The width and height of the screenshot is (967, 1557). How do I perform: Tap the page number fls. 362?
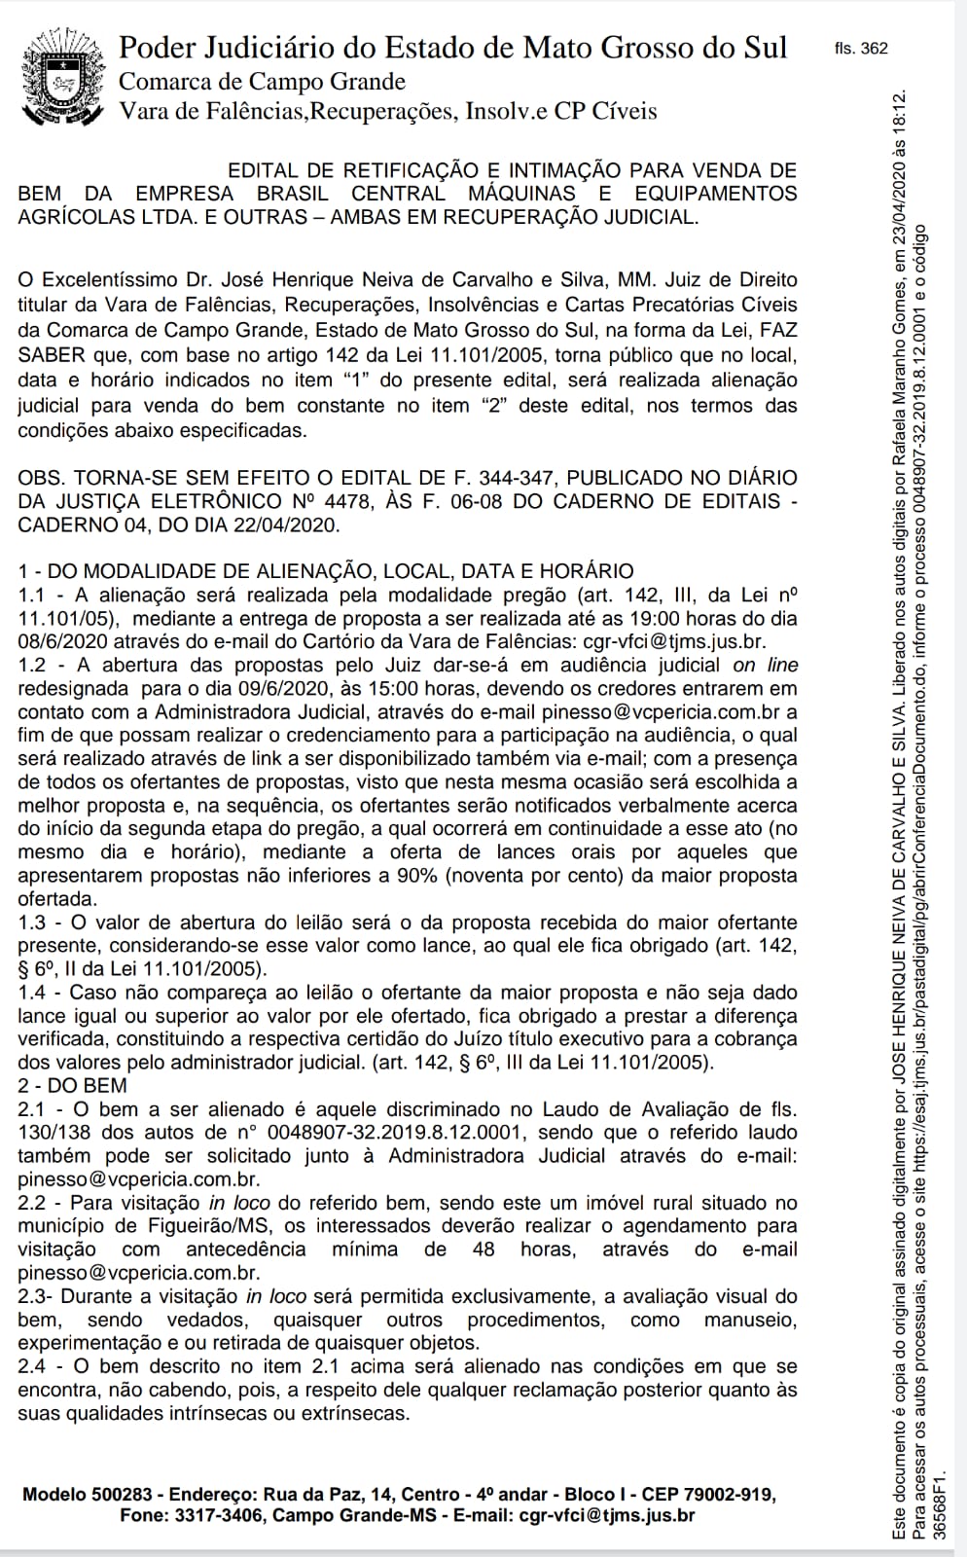861,49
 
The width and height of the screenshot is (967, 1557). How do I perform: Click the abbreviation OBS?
41,478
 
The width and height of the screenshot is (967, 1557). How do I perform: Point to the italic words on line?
766,665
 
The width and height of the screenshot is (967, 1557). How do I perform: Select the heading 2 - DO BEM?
72,1085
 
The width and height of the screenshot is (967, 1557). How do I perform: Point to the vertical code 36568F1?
939,1504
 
